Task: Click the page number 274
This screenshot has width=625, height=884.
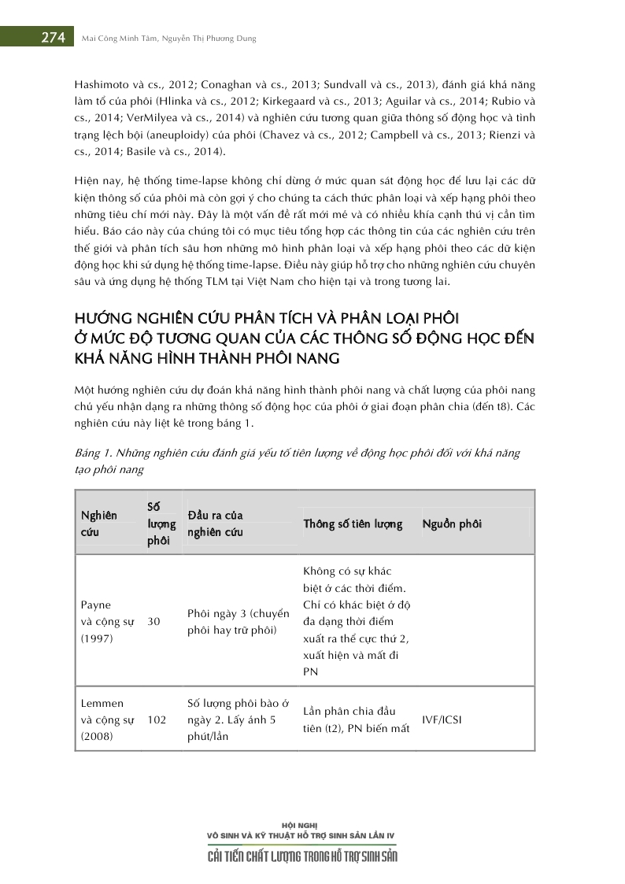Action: pyautogui.click(x=53, y=38)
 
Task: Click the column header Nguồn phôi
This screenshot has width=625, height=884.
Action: pyautogui.click(x=452, y=524)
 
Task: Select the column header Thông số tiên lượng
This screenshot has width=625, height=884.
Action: pyautogui.click(x=353, y=524)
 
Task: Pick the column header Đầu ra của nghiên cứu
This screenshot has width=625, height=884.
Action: pyautogui.click(x=215, y=523)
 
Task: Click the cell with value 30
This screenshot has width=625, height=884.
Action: pyautogui.click(x=154, y=621)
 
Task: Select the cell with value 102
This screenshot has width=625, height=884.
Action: pyautogui.click(x=157, y=719)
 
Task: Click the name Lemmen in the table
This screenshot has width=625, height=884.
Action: pyautogui.click(x=102, y=703)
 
